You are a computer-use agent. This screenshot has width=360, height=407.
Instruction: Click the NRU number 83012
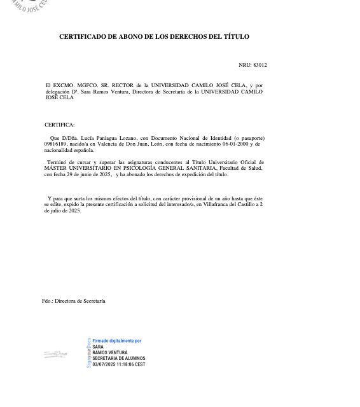click(260, 65)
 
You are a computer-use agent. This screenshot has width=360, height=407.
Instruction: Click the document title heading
click(154, 37)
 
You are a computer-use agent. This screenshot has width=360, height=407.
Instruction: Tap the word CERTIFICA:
click(59, 125)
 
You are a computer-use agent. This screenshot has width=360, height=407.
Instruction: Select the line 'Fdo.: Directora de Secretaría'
click(74, 301)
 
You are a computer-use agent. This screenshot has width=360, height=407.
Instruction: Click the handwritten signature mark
click(55, 354)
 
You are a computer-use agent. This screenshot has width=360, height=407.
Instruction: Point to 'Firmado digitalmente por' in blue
click(117, 341)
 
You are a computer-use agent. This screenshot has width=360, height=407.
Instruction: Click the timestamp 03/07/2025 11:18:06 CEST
click(119, 364)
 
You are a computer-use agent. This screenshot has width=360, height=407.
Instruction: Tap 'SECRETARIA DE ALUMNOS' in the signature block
click(119, 359)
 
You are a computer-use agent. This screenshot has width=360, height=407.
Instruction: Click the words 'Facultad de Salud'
click(241, 169)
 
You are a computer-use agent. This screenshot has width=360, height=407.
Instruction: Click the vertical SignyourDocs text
click(88, 353)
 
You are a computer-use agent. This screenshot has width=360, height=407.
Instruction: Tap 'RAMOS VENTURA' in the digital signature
click(110, 353)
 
